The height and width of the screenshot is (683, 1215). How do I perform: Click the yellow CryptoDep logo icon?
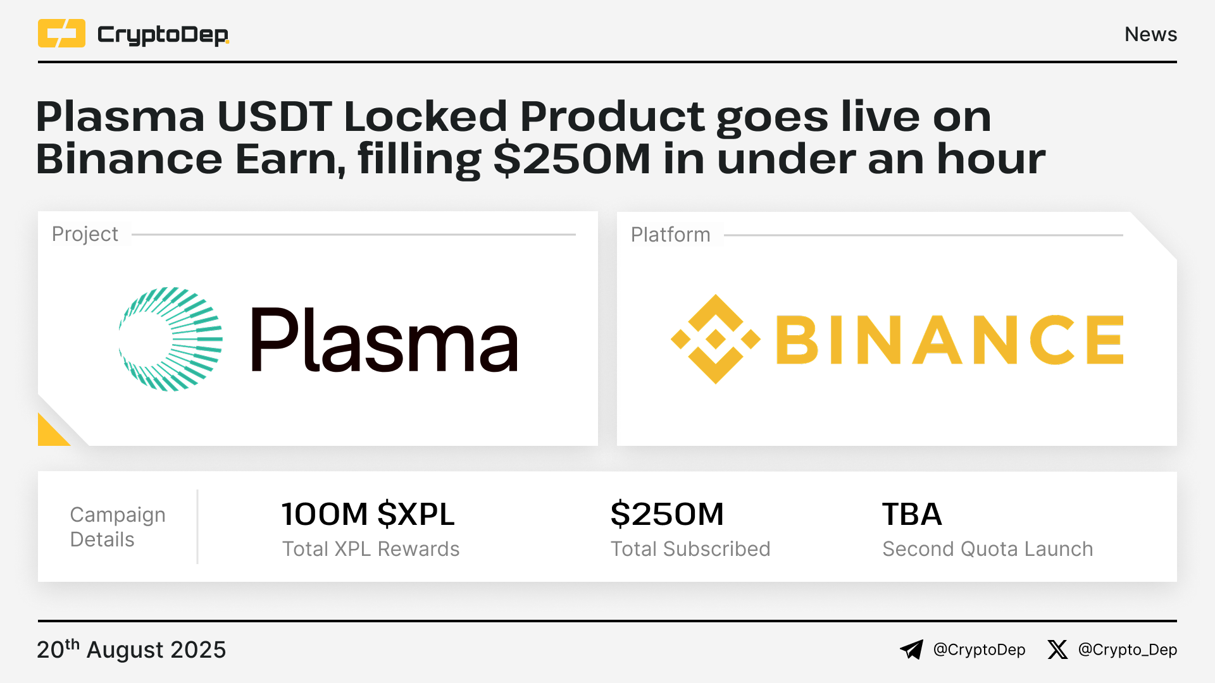(61, 34)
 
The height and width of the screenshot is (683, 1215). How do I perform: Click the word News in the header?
(1150, 34)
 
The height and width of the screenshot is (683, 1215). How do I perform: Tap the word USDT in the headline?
(274, 116)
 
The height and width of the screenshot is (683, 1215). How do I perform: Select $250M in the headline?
(571, 159)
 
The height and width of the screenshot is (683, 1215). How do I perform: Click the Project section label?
(85, 234)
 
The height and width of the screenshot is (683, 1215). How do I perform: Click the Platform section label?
(670, 235)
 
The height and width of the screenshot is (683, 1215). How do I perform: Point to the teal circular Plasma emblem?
(171, 339)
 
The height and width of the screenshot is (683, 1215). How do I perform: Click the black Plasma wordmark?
(385, 340)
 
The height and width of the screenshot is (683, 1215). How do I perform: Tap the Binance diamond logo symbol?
(716, 339)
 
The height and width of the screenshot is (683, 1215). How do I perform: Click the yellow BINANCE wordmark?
(949, 340)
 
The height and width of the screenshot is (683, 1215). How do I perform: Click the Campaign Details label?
(118, 527)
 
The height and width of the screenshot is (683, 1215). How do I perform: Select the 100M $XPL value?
(368, 514)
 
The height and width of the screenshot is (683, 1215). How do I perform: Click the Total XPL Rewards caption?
(371, 549)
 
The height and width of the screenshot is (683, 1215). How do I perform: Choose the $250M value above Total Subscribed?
(667, 514)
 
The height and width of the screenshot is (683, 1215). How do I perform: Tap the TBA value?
(912, 514)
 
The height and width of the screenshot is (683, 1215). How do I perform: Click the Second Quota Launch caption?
(988, 549)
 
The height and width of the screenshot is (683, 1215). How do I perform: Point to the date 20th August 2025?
(132, 649)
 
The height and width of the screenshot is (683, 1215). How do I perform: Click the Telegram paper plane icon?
(912, 649)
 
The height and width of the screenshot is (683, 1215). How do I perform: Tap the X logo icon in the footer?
(1057, 649)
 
